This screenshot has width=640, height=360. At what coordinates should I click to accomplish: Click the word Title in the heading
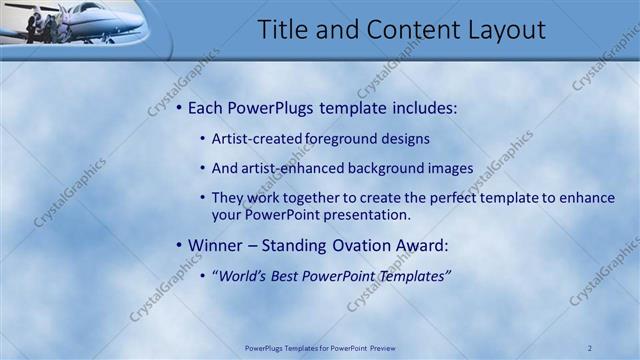(281, 30)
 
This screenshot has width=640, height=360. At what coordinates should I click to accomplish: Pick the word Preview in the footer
(382, 348)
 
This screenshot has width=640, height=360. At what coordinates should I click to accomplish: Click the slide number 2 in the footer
(590, 348)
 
